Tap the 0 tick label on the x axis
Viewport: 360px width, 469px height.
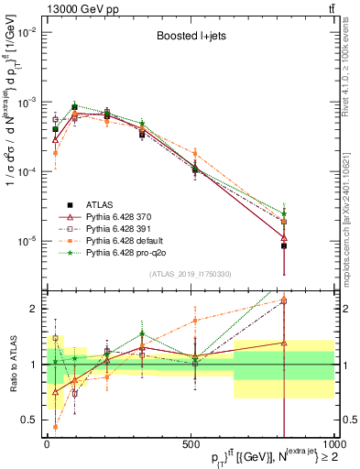[x=47, y=444]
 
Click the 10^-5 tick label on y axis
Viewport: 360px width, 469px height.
[x=26, y=241]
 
